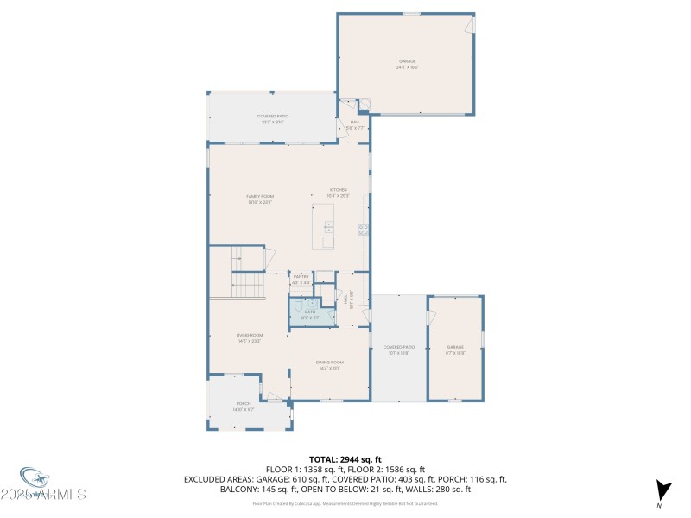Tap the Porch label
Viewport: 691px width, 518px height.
[x=244, y=406]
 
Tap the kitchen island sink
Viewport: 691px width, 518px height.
[x=329, y=228]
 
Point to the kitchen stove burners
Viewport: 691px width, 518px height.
[x=363, y=229]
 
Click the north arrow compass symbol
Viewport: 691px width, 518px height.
[x=662, y=490]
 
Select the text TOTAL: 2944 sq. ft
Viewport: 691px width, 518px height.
[x=345, y=459]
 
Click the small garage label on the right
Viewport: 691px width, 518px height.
[x=455, y=350]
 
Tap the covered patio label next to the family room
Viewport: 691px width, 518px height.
[x=272, y=118]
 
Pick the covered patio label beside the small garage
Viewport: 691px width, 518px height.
[x=399, y=350]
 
